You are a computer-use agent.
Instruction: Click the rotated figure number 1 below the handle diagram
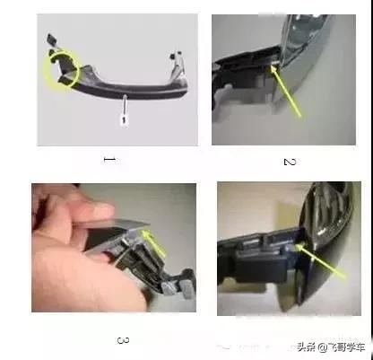tap(109, 162)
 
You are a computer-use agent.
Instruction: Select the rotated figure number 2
tap(289, 162)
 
